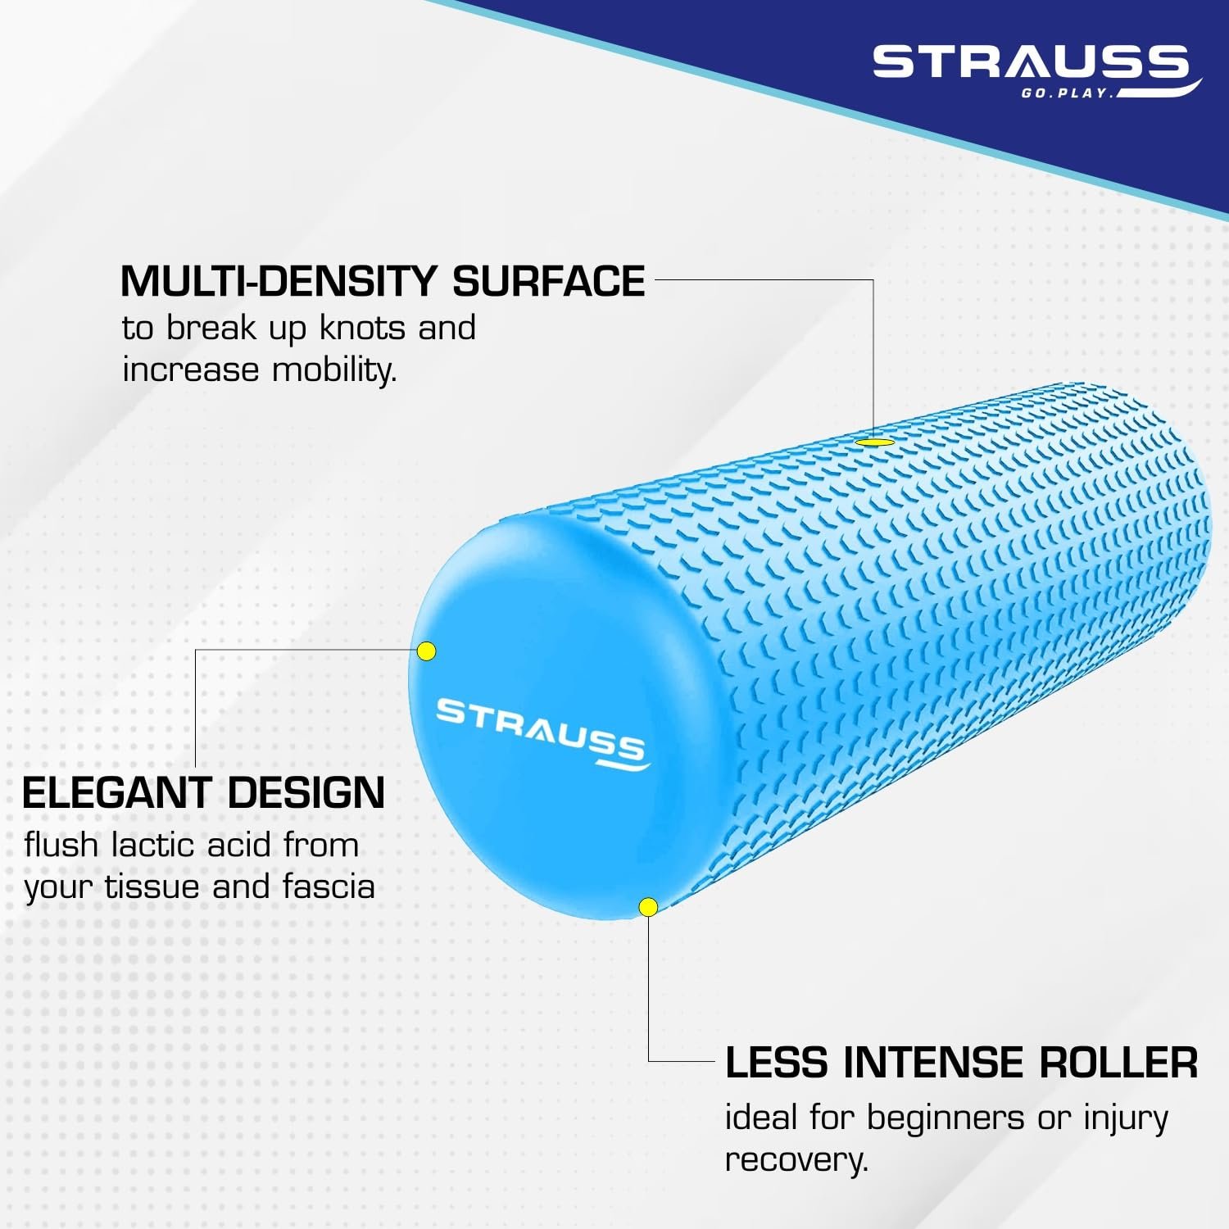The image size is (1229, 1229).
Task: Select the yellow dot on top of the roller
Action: [874, 442]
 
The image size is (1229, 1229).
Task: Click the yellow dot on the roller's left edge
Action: [426, 651]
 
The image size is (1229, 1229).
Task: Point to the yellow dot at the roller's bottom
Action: [648, 907]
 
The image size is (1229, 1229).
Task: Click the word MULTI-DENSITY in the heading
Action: [279, 281]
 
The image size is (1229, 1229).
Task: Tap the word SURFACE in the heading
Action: [549, 281]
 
